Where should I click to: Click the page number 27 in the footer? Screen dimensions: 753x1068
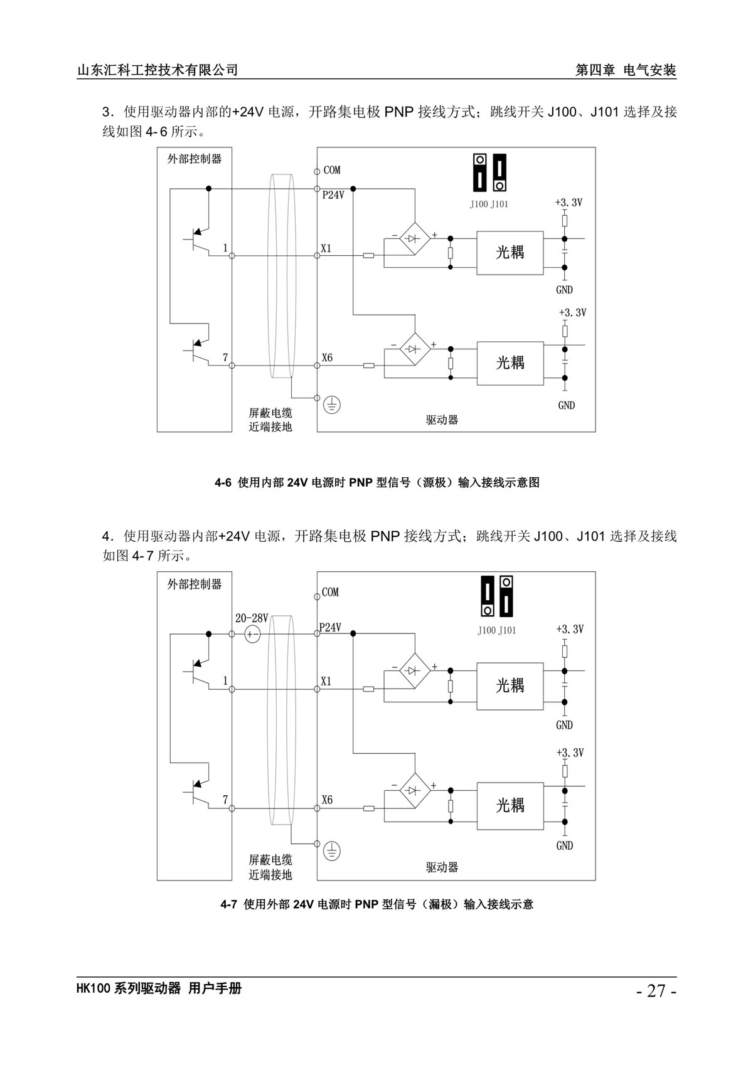[657, 991]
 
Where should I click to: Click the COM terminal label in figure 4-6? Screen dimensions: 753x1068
[332, 170]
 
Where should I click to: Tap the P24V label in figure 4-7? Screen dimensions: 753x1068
[330, 628]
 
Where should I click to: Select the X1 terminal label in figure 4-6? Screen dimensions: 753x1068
[326, 248]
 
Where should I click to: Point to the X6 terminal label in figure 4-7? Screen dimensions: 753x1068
[327, 800]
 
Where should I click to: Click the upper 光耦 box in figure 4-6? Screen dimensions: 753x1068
[510, 253]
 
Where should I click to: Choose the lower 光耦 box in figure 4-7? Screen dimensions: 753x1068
[510, 806]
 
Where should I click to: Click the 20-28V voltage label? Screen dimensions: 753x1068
[252, 618]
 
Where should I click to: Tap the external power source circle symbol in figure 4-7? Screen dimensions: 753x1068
[252, 635]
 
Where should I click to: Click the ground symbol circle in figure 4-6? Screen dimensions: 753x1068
[332, 405]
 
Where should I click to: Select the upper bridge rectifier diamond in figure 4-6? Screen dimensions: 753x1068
[415, 238]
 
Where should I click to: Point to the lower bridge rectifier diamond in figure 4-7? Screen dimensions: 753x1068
[415, 791]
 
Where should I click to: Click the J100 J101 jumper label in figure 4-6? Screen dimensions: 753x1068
[489, 204]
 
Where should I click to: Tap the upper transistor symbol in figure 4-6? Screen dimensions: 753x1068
[198, 240]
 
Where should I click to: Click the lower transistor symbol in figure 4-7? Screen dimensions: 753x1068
[198, 793]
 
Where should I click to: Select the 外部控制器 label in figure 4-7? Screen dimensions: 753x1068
[195, 584]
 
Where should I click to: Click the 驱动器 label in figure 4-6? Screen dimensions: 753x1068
[442, 420]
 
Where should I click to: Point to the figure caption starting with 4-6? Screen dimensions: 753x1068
[377, 482]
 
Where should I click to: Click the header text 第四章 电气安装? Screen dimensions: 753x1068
[626, 70]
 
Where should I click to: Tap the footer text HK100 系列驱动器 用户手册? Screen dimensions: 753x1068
[159, 988]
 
